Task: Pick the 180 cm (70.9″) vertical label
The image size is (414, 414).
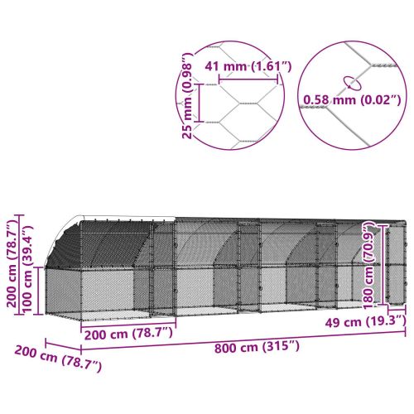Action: coord(367,262)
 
